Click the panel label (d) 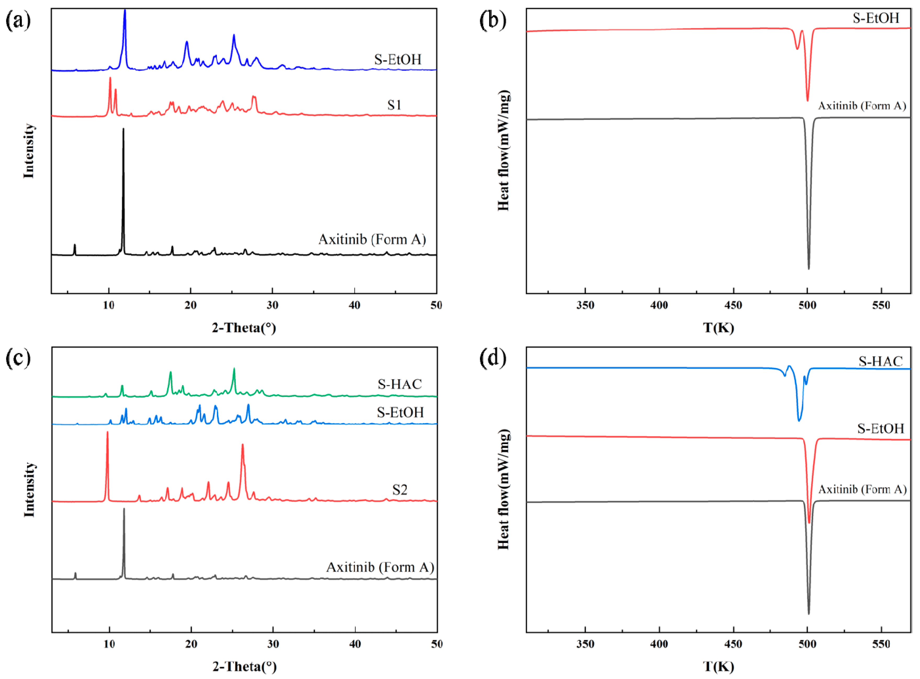coord(492,358)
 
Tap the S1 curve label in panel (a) coord(394,105)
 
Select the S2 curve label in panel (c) coord(399,490)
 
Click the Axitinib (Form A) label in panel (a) coord(372,239)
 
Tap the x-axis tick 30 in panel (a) coord(272,305)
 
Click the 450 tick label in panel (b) coord(733,305)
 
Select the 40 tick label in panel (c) coord(355,644)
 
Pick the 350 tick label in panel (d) coord(585,644)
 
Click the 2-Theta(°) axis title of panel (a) coord(244,328)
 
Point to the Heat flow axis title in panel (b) coord(503,150)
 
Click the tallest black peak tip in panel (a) coord(123,129)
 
